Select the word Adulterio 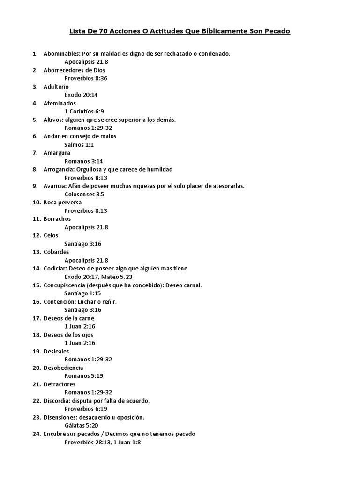click(x=56, y=87)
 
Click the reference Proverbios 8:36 click(x=86, y=78)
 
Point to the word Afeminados click(x=60, y=103)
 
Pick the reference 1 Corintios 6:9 click(x=84, y=112)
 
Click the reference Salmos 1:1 click(x=79, y=144)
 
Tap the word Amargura click(x=57, y=153)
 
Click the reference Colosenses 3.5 click(x=84, y=194)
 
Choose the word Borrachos click(x=57, y=219)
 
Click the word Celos click(x=51, y=235)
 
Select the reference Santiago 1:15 click(x=83, y=293)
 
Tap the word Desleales click(x=56, y=351)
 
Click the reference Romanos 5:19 click(x=84, y=375)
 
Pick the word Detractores click(x=59, y=384)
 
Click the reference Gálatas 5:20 click(x=81, y=425)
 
